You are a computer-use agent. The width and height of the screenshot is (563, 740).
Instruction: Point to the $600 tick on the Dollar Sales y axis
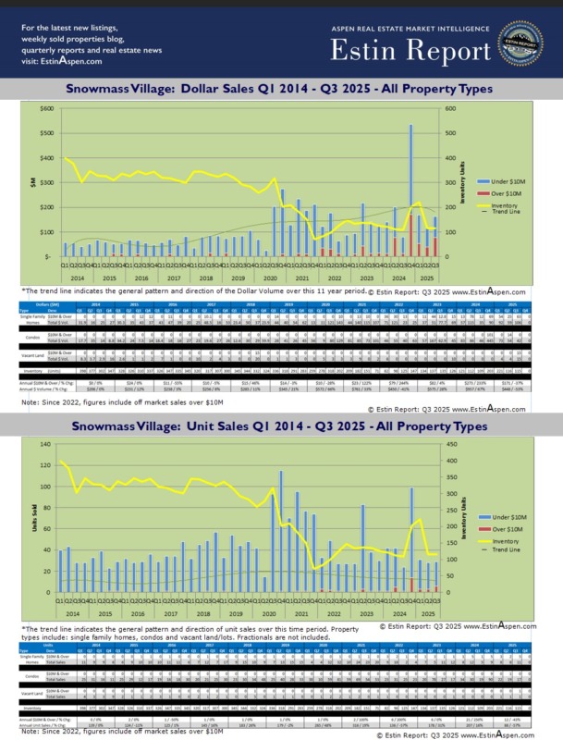pyautogui.click(x=43, y=108)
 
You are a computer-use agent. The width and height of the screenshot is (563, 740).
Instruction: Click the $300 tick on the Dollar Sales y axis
pyautogui.click(x=43, y=182)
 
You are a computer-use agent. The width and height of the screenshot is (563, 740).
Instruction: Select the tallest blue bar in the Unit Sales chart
pyautogui.click(x=281, y=531)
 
